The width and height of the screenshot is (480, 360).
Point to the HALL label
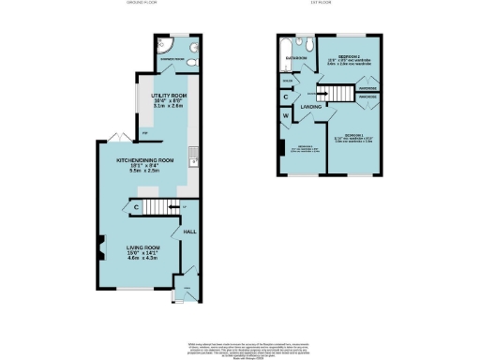187,230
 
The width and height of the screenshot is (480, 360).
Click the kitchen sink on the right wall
193,160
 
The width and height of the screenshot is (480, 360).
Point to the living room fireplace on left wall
97,250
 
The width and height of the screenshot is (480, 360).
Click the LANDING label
309,107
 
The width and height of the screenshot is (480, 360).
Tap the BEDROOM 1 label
352,136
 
